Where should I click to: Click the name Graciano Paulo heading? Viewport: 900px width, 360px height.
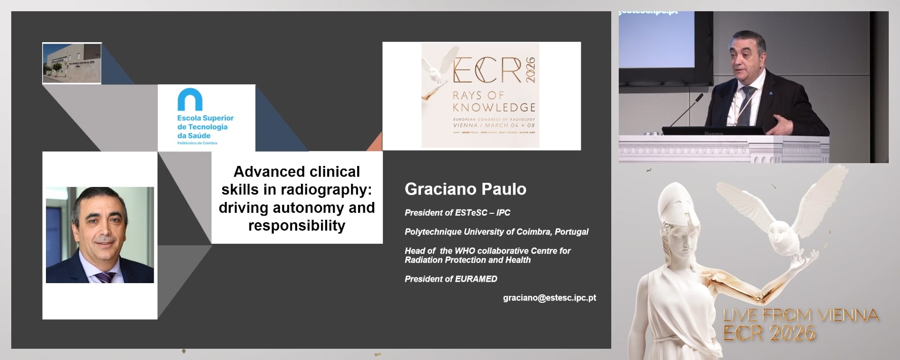pyautogui.click(x=465, y=189)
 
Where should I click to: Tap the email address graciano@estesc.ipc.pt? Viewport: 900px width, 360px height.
pyautogui.click(x=549, y=298)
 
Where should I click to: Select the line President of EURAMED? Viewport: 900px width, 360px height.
pyautogui.click(x=450, y=279)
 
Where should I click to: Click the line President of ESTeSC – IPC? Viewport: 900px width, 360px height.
pyautogui.click(x=457, y=213)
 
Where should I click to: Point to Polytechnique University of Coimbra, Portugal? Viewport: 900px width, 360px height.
pyautogui.click(x=496, y=232)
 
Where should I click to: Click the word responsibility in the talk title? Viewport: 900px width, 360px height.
pyautogui.click(x=297, y=225)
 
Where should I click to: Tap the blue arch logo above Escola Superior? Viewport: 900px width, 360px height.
pyautogui.click(x=190, y=99)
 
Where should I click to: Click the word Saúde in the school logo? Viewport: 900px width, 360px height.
pyautogui.click(x=199, y=135)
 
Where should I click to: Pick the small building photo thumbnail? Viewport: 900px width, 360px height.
pyautogui.click(x=72, y=63)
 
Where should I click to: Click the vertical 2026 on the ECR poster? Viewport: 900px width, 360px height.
pyautogui.click(x=530, y=70)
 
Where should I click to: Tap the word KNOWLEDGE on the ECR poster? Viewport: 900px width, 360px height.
pyautogui.click(x=494, y=107)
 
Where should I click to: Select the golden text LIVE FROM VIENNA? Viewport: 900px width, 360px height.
pyautogui.click(x=800, y=315)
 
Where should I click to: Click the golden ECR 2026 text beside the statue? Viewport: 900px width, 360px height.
pyautogui.click(x=769, y=333)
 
